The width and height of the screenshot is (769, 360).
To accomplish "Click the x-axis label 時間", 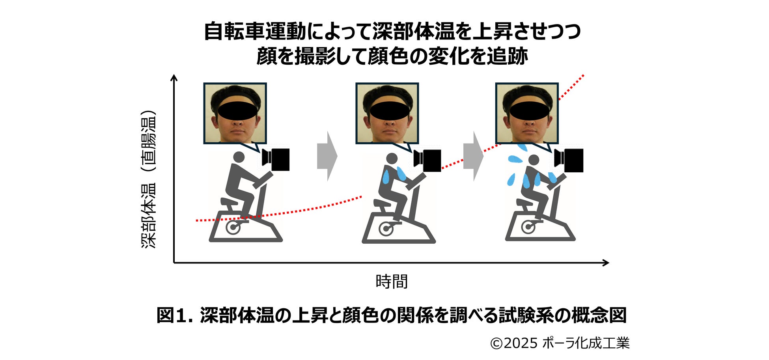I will tap(391, 282).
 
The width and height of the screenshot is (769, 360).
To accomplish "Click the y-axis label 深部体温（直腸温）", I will tap(149, 179).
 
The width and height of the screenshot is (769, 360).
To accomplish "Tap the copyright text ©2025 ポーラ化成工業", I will tap(560, 343).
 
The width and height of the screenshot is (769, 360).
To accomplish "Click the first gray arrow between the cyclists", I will tap(327, 156).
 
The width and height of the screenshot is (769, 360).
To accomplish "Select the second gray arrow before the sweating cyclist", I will tap(473, 156).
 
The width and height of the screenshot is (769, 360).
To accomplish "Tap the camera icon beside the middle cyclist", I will tap(428, 160).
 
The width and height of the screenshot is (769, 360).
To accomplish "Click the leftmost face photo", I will tap(235, 114).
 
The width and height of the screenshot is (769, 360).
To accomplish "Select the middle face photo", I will tap(387, 114).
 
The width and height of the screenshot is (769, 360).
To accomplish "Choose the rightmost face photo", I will tap(527, 114).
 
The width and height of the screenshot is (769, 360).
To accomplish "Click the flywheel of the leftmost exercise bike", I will tap(232, 228).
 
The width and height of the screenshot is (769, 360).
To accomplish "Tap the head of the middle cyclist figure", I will tap(392, 159).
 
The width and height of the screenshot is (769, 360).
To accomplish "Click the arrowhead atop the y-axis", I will tap(174, 78).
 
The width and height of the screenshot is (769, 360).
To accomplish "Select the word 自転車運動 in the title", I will tap(255, 32).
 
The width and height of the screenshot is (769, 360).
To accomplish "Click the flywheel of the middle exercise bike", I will tap(385, 228).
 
